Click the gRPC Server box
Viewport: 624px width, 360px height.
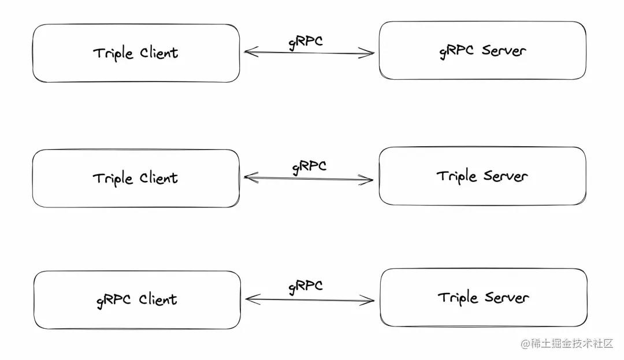point(482,50)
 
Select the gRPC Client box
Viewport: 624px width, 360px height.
point(137,300)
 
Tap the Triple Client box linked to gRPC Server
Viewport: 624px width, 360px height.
point(136,53)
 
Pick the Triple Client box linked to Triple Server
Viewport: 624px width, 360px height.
point(136,178)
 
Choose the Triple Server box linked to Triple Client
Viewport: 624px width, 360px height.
point(482,176)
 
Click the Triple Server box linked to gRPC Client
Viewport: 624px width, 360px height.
point(484,298)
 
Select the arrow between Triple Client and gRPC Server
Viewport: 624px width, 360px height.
point(309,53)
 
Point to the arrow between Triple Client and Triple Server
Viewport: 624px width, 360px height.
point(309,178)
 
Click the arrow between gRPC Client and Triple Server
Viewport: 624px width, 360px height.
point(310,299)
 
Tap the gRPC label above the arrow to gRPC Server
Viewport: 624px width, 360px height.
point(306,42)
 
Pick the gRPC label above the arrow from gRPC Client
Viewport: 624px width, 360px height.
point(306,287)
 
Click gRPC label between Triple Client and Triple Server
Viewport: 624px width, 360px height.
point(309,166)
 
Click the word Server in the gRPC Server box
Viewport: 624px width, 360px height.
point(504,50)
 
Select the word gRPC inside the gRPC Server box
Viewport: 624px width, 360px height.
point(456,51)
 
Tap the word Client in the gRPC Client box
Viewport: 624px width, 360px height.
point(158,299)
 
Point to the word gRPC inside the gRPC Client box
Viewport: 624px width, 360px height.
point(113,300)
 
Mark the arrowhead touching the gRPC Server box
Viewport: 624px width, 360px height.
point(367,53)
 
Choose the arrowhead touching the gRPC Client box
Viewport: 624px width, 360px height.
point(253,299)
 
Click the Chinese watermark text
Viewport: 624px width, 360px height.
point(572,343)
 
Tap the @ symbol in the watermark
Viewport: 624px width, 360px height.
point(525,344)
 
